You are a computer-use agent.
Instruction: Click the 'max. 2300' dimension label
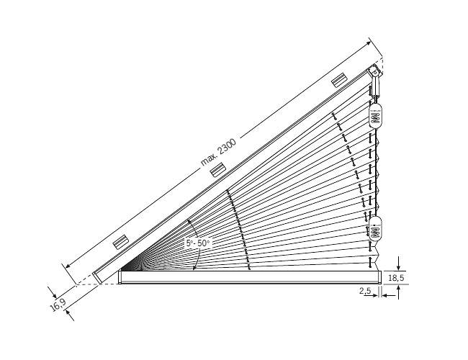tap(218, 153)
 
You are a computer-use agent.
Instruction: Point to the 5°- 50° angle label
tap(197, 243)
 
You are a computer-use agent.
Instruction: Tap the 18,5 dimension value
tap(396, 276)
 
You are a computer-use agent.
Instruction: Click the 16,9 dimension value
tap(59, 305)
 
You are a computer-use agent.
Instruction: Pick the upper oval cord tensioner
tap(376, 114)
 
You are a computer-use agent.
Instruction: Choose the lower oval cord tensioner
tap(376, 229)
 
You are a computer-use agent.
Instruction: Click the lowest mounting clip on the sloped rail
tap(120, 241)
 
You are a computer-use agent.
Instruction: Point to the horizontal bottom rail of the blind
tap(249, 277)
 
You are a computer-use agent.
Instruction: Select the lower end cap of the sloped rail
tap(98, 276)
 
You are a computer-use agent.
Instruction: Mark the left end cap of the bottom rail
tap(120, 277)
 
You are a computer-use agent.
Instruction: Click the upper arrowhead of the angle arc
tap(188, 220)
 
